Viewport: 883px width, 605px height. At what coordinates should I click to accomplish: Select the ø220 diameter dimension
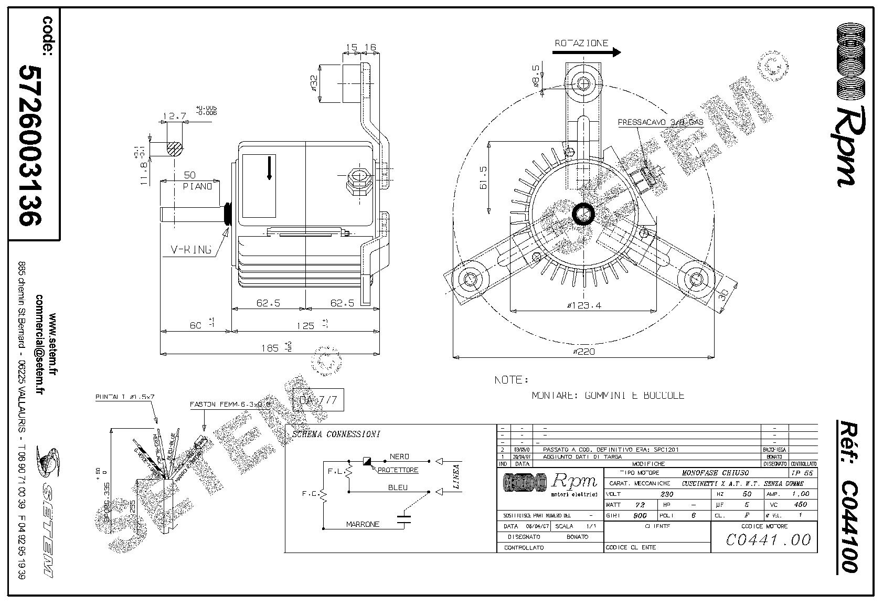[x=583, y=352]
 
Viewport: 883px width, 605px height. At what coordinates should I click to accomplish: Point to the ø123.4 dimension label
[x=583, y=305]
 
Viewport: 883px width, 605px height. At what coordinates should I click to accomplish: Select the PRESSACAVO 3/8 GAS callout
[x=660, y=122]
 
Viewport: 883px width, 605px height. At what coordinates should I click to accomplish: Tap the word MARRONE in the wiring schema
[x=363, y=524]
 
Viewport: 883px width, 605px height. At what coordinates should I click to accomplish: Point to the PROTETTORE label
[x=398, y=470]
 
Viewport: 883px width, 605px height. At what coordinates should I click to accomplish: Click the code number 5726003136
[x=30, y=145]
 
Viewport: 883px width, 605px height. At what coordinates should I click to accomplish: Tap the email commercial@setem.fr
[x=39, y=343]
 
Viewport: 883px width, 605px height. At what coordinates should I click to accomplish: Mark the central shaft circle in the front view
[x=583, y=215]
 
